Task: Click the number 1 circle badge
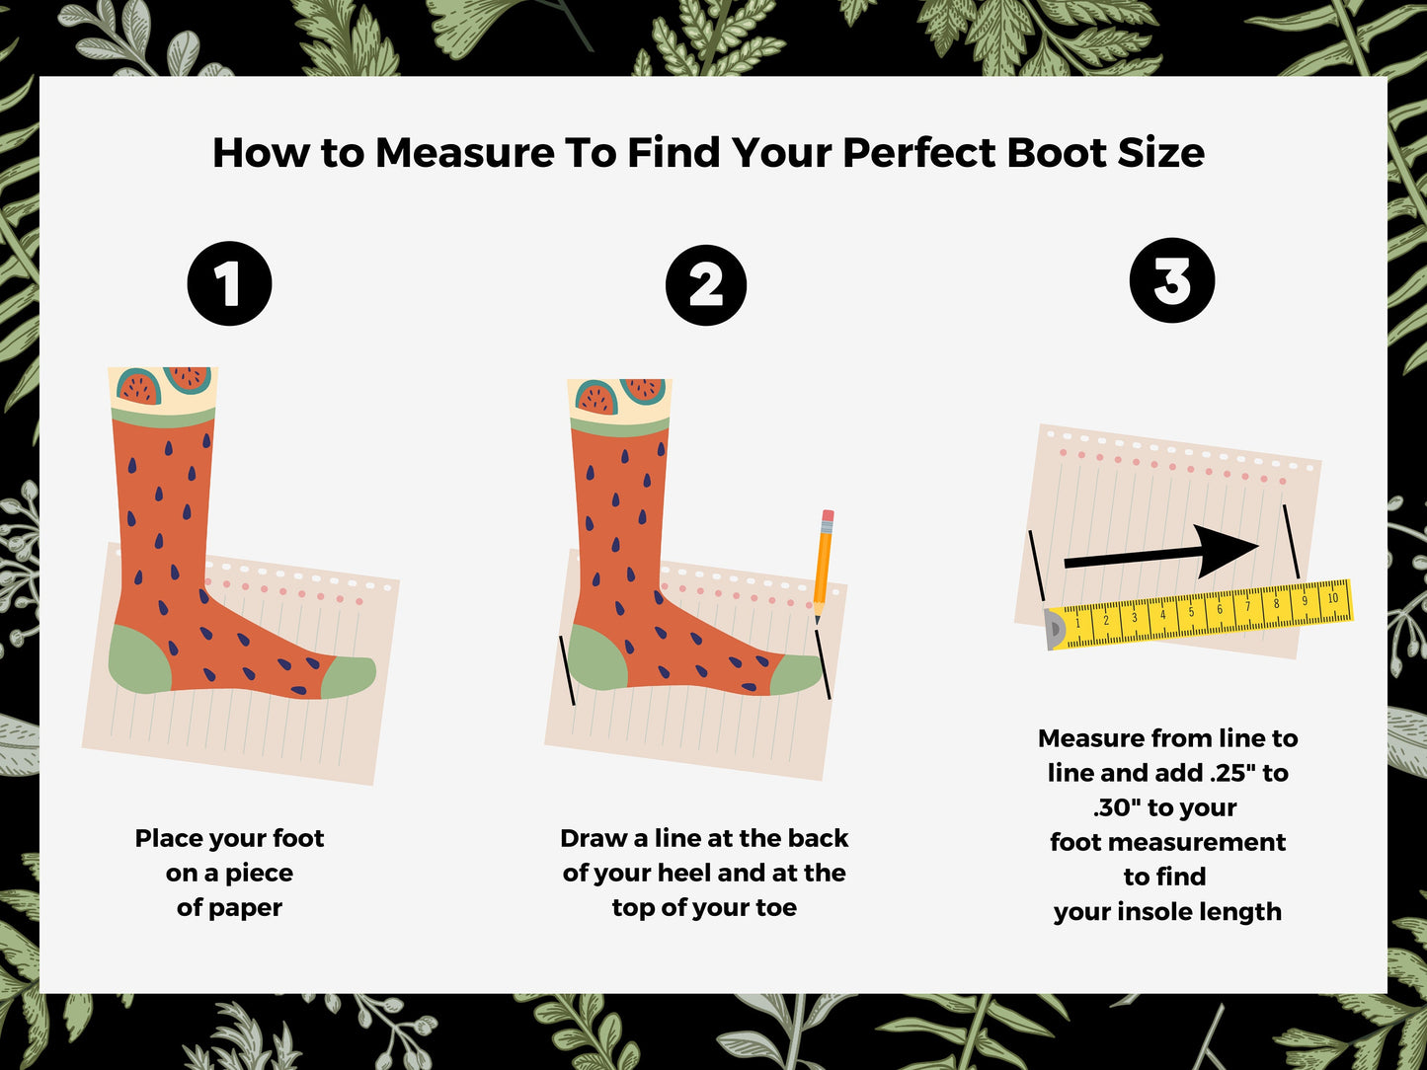(229, 283)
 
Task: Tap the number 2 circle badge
(706, 285)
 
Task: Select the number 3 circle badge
(1172, 280)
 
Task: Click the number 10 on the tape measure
(1332, 597)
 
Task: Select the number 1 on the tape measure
(1078, 624)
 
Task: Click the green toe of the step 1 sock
(348, 677)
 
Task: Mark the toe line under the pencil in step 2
(824, 663)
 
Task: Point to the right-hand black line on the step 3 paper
(1291, 541)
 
